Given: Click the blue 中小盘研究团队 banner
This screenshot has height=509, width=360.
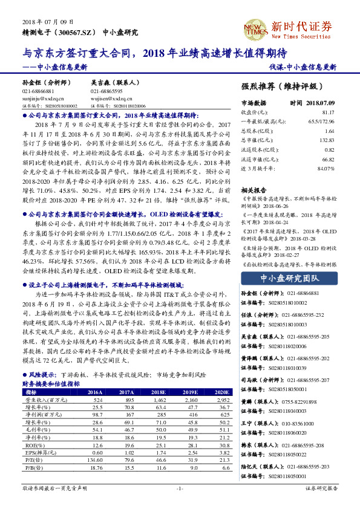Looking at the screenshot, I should tap(288, 278).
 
